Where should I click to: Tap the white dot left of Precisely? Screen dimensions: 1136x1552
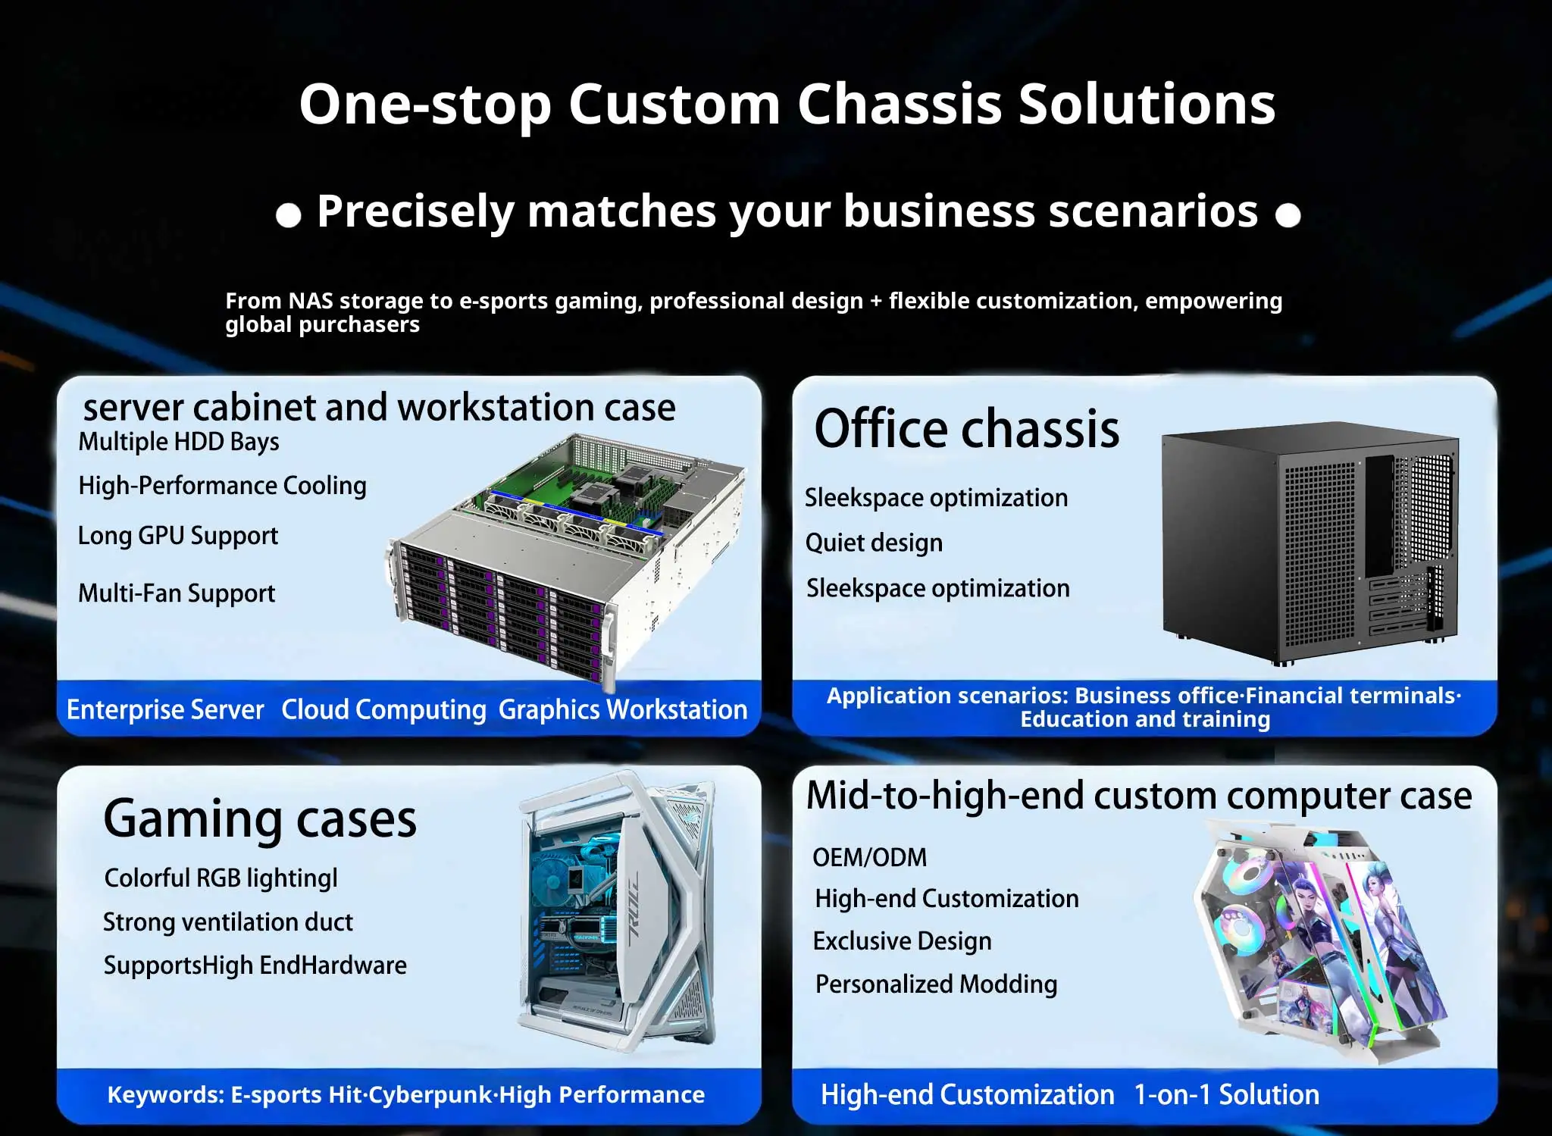pos(288,216)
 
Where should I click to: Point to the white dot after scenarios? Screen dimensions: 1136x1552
pos(1288,216)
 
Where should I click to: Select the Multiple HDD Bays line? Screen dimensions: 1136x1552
pos(179,442)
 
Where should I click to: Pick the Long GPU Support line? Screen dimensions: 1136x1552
pos(178,536)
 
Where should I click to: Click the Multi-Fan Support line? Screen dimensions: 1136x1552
pos(177,593)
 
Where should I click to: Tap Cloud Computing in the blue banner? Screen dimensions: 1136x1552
pos(383,710)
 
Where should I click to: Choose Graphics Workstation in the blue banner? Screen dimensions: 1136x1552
pos(622,710)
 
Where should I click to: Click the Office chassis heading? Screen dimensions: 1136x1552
pos(966,429)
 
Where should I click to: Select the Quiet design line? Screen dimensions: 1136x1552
pos(874,543)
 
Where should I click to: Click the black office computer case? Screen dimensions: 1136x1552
pos(1309,542)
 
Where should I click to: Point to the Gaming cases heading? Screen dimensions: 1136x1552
pos(260,820)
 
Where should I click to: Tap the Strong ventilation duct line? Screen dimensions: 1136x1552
pos(228,922)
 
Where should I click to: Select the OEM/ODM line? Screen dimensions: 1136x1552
pos(869,857)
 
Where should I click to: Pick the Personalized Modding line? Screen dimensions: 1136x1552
pos(936,984)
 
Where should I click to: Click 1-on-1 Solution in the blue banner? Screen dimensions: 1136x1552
pos(1226,1095)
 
